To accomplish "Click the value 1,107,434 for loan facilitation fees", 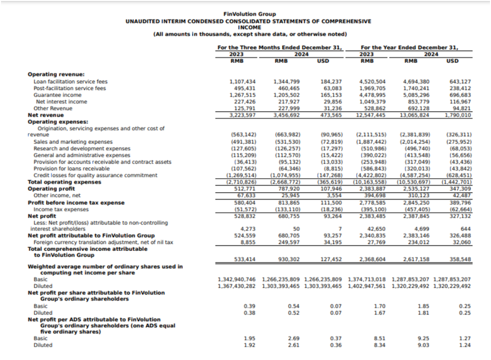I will coord(243,82).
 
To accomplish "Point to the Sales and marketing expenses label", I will coord(73,142).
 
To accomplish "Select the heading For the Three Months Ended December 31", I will coord(280,47).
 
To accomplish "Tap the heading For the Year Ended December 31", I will coord(410,47).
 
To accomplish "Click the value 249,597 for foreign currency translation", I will coord(289,242).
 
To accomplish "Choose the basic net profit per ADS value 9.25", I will coord(422,338).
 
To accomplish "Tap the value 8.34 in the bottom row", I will coord(379,344).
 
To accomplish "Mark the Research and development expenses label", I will coord(82,149).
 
